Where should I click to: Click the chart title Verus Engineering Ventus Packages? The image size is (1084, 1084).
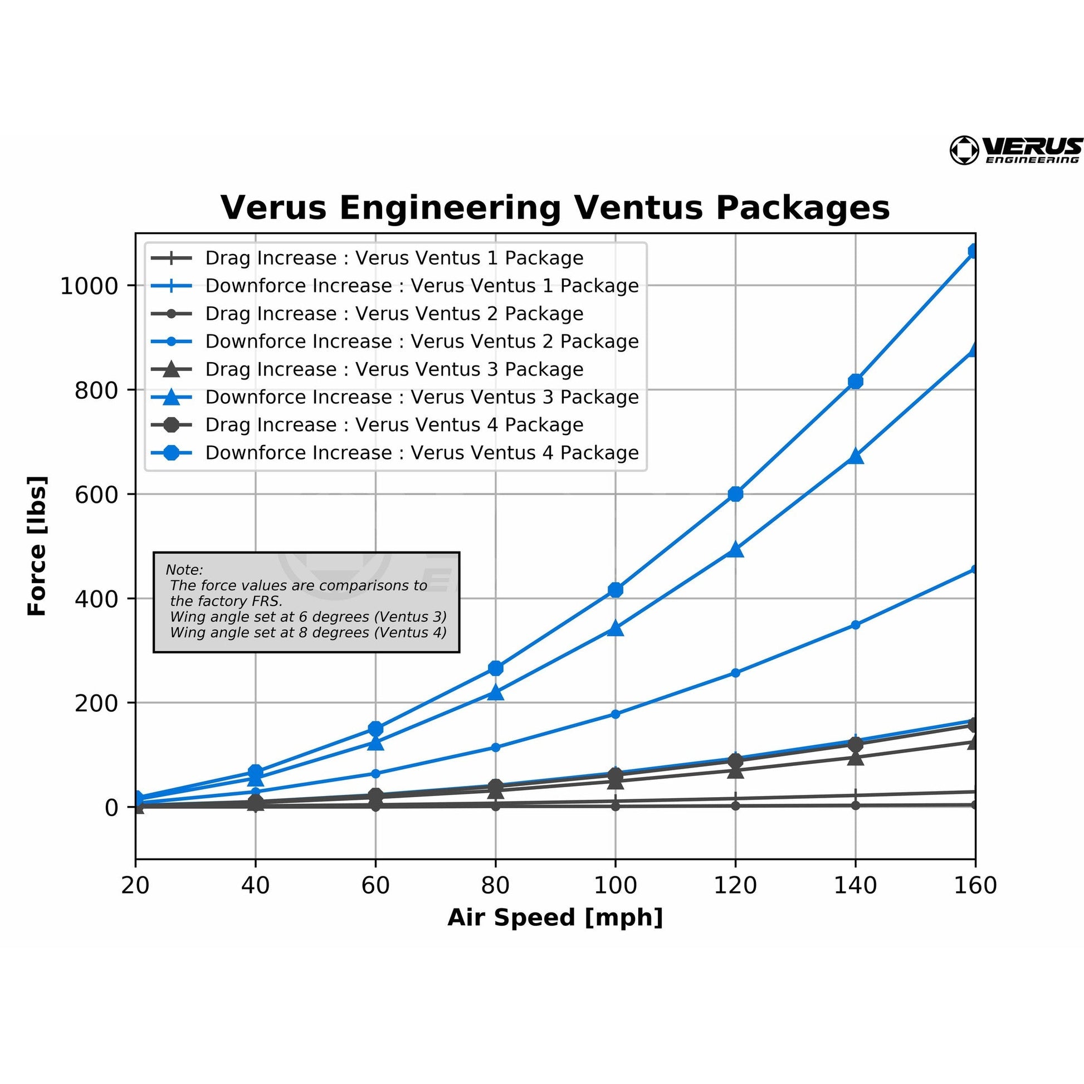click(x=554, y=208)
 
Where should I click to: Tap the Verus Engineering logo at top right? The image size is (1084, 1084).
click(x=1015, y=150)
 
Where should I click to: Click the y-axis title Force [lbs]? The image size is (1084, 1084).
click(x=37, y=546)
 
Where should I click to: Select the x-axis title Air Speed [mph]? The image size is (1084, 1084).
click(x=555, y=917)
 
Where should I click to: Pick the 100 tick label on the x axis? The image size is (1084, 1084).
click(x=616, y=885)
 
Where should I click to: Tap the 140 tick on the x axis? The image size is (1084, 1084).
click(x=855, y=885)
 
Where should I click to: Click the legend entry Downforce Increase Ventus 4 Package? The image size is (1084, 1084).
click(x=421, y=453)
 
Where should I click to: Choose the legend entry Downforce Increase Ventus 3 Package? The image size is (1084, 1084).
click(x=421, y=397)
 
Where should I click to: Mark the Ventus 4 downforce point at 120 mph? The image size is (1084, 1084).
click(x=735, y=494)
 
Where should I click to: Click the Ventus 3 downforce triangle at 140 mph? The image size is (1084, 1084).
click(x=855, y=456)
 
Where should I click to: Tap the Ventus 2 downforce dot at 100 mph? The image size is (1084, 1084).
click(x=616, y=714)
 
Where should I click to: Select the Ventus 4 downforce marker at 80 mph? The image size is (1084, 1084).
click(x=495, y=668)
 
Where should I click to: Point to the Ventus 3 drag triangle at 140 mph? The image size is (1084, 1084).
click(x=855, y=758)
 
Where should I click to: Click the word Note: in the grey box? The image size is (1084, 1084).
click(x=184, y=569)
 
